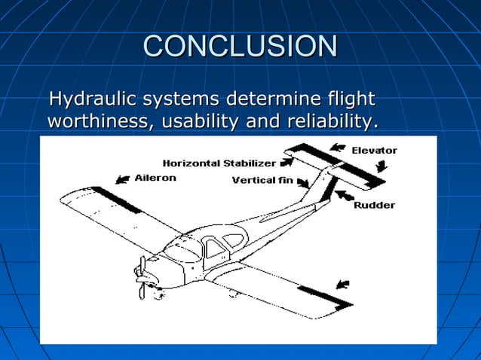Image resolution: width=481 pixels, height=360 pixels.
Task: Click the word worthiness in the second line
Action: [96, 121]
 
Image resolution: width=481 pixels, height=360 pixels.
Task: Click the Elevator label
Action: [374, 151]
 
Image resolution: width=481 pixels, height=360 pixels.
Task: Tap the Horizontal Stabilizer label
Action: [219, 163]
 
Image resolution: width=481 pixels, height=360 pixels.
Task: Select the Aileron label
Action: [155, 178]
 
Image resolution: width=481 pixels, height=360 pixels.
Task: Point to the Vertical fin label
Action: [262, 180]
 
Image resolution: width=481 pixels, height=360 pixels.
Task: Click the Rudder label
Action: [374, 205]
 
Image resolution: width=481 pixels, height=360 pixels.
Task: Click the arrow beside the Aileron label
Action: [121, 179]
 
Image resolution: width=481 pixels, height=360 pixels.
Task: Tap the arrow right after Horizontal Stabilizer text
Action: [287, 161]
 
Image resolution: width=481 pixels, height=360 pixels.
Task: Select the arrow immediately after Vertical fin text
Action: [305, 182]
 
